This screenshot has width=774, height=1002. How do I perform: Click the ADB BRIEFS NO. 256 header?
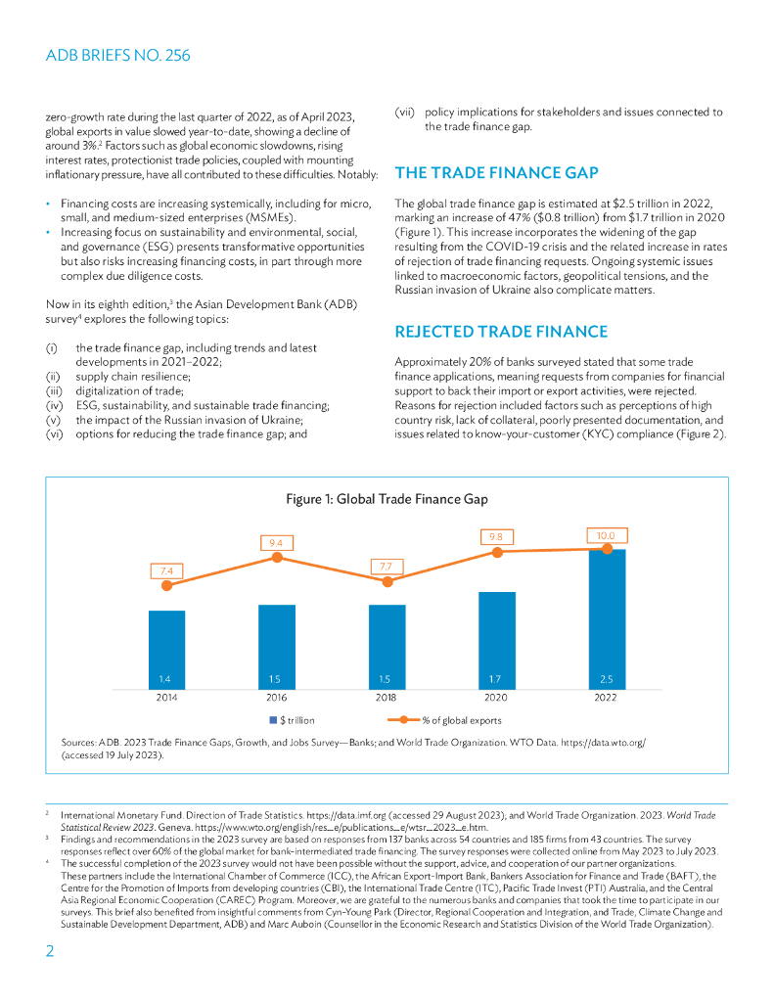pyautogui.click(x=117, y=56)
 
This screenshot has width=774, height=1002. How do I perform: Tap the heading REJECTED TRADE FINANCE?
pyautogui.click(x=500, y=332)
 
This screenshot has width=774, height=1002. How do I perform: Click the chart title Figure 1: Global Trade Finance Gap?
pyautogui.click(x=387, y=499)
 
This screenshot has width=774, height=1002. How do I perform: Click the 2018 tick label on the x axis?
pyautogui.click(x=387, y=698)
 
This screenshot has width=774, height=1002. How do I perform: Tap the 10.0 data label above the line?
pyautogui.click(x=608, y=535)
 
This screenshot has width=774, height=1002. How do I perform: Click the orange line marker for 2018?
pyautogui.click(x=387, y=581)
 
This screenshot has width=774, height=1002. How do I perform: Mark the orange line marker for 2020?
pyautogui.click(x=497, y=552)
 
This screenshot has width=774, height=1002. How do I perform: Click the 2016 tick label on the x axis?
pyautogui.click(x=277, y=698)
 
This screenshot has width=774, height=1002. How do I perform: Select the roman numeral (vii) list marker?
pyautogui.click(x=404, y=112)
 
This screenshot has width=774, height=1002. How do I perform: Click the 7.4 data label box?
pyautogui.click(x=166, y=569)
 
